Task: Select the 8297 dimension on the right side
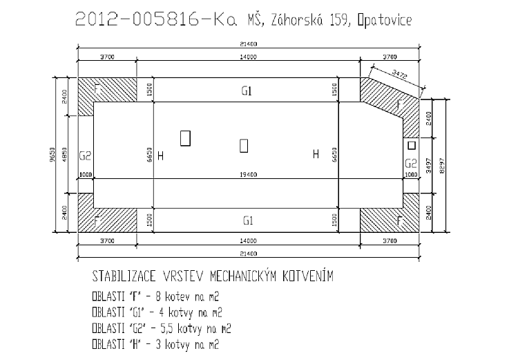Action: (441, 164)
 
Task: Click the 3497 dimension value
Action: (430, 164)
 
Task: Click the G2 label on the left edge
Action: (86, 155)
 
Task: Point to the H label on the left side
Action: (161, 155)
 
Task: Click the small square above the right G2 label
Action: (411, 146)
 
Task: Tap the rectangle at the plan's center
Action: (243, 145)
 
